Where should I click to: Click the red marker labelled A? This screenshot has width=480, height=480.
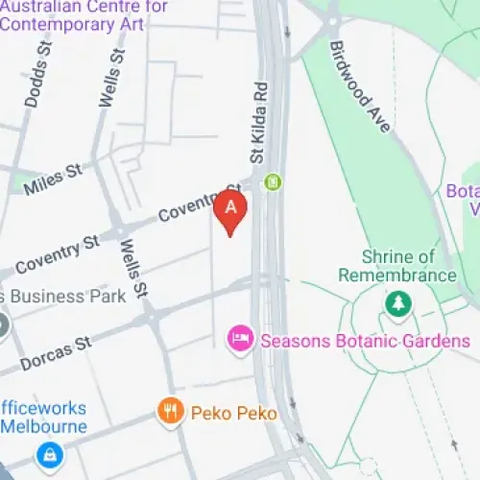click(230, 209)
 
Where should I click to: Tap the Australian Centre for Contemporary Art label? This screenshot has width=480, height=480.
click(84, 14)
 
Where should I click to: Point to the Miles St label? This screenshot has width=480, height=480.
click(54, 179)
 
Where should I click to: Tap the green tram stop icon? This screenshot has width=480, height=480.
click(274, 180)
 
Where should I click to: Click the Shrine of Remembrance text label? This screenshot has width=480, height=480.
click(396, 265)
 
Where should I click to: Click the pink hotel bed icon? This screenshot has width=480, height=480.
click(239, 339)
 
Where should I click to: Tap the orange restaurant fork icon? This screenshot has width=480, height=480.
click(170, 413)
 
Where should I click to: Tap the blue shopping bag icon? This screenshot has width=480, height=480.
click(45, 453)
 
